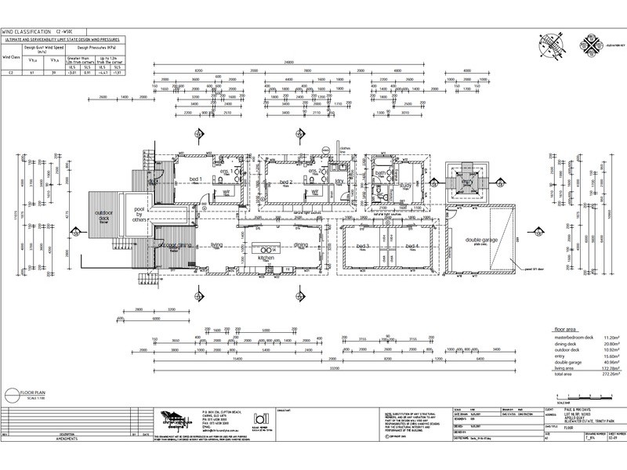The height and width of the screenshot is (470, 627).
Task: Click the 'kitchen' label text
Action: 264,257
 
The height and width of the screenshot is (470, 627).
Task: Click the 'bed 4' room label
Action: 414,245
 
